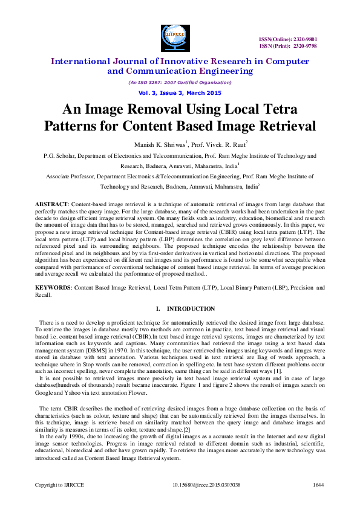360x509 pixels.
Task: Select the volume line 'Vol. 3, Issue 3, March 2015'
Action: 180,93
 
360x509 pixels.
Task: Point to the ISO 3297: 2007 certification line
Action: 180,82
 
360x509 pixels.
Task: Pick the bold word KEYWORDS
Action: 53,288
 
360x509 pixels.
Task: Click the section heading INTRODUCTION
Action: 191,309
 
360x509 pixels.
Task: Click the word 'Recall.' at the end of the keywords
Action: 44,295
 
